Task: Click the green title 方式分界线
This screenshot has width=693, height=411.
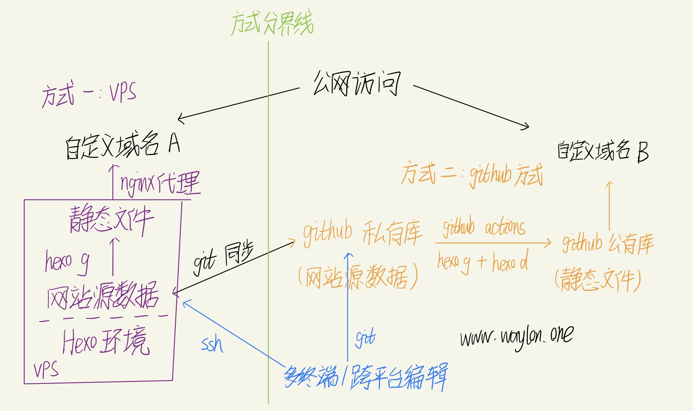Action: point(272,23)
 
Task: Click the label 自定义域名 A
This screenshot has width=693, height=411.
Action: point(122,145)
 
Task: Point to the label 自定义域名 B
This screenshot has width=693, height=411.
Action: point(603,151)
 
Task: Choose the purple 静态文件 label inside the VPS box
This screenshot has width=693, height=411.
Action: point(111,220)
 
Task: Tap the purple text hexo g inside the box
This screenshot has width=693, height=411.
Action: point(67,261)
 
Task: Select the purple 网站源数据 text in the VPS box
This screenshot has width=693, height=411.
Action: point(102,296)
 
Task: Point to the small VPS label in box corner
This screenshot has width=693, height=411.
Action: point(46,370)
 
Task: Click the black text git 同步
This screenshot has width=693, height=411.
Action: point(223,258)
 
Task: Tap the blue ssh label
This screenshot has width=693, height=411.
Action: point(212,344)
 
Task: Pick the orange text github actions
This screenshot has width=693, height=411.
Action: point(484,227)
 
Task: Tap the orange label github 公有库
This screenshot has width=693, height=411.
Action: point(608,244)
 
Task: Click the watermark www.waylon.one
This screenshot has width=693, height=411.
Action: point(517,337)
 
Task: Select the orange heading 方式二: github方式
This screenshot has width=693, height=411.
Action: point(472,175)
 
